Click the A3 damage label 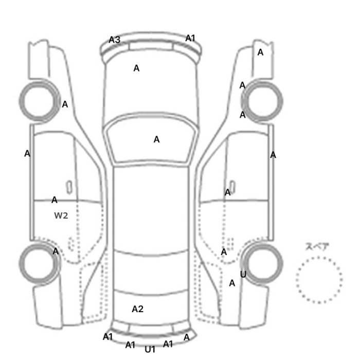(x=115, y=40)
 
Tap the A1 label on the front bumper (x=190, y=38)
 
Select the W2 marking (x=61, y=215)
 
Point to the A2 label (x=138, y=309)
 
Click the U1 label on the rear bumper (x=150, y=349)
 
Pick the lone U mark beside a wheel (x=243, y=274)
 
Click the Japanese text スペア (x=317, y=247)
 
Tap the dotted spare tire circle (x=319, y=257)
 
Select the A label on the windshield (x=156, y=139)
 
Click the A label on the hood (x=136, y=68)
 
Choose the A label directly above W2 (x=55, y=200)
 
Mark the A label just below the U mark (x=232, y=283)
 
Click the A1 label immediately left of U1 (x=130, y=345)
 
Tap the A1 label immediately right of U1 (x=168, y=344)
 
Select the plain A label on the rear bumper (x=187, y=337)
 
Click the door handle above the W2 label (x=69, y=187)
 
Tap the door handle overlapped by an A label (x=232, y=187)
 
